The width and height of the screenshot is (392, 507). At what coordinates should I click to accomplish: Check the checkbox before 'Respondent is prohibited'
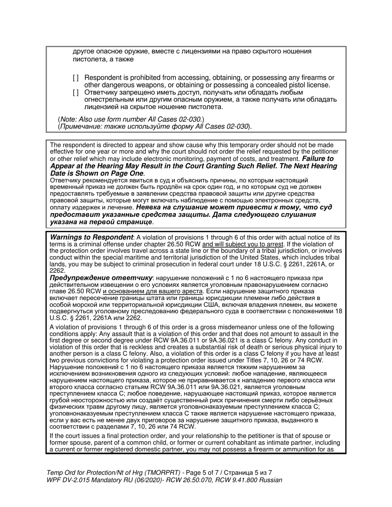pos(76,78)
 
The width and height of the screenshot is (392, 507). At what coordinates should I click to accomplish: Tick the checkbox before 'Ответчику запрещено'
pos(76,93)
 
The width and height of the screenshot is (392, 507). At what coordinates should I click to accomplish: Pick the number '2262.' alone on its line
pos(57,271)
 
